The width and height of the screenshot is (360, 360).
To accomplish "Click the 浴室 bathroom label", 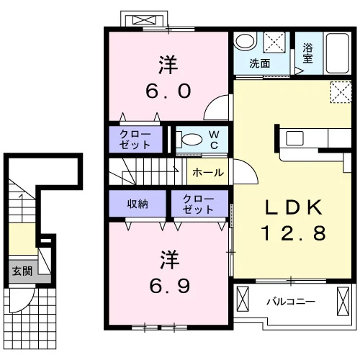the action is pos(307,53).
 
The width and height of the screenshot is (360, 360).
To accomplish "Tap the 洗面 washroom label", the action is pos(260,63).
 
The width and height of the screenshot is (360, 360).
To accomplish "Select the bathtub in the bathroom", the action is pos(338,53).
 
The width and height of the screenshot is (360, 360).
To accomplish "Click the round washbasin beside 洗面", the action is pos(245,40).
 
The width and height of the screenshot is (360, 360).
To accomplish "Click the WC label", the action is pos(214,140).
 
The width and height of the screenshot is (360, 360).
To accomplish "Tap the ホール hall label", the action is pos(208,173).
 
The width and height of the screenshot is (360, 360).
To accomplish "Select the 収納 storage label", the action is pos(138,204).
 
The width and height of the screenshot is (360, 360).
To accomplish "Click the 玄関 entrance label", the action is pos(22,271).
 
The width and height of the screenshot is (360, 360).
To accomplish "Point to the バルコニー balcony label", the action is pos(291,301).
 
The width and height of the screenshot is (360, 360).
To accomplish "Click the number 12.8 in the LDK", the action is pos(293,233).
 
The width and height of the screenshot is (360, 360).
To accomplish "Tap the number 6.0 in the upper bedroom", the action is pos(168,91).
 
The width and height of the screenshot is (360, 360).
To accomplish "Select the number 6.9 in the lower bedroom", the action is pos(170,286).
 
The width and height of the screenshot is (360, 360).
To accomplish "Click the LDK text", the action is pos(293,207).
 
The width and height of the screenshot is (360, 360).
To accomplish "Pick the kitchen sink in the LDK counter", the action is pos(294,138).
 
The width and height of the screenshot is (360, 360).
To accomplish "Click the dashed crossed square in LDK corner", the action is pos(341,92).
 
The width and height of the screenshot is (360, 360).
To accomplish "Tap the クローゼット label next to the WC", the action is pos(135,139).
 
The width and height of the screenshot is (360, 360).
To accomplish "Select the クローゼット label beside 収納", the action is pos(198,204).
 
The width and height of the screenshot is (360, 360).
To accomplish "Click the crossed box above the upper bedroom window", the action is pos(144,20).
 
